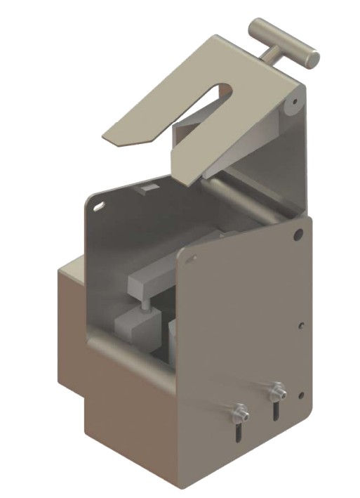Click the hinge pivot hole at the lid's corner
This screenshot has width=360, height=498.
tap(289, 107)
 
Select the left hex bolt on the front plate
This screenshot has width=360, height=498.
tap(240, 409)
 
